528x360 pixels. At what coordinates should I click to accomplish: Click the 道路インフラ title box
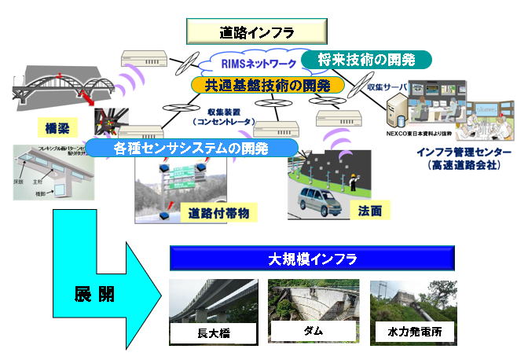pos(256,32)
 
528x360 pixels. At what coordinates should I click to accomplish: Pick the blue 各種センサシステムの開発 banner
pos(193,147)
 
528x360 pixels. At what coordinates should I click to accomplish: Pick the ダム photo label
pos(313,332)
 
